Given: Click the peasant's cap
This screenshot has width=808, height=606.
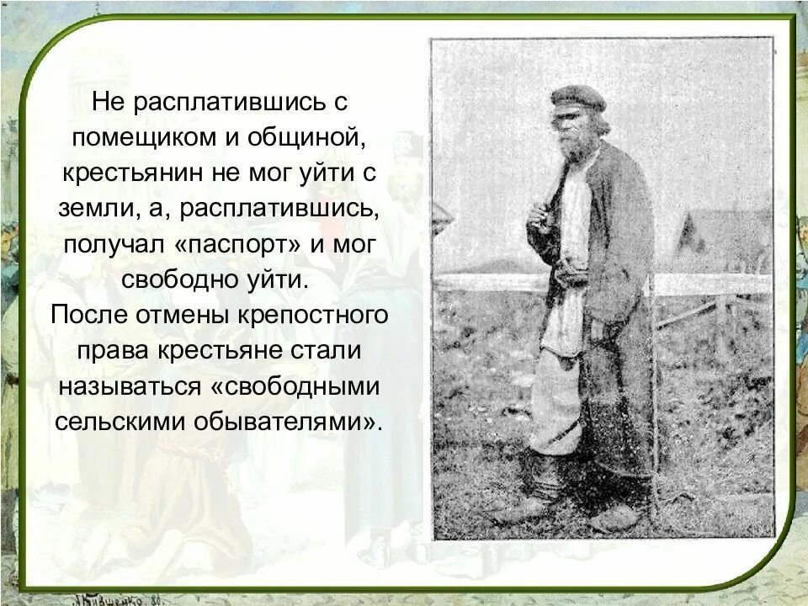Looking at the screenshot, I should [578, 98].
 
